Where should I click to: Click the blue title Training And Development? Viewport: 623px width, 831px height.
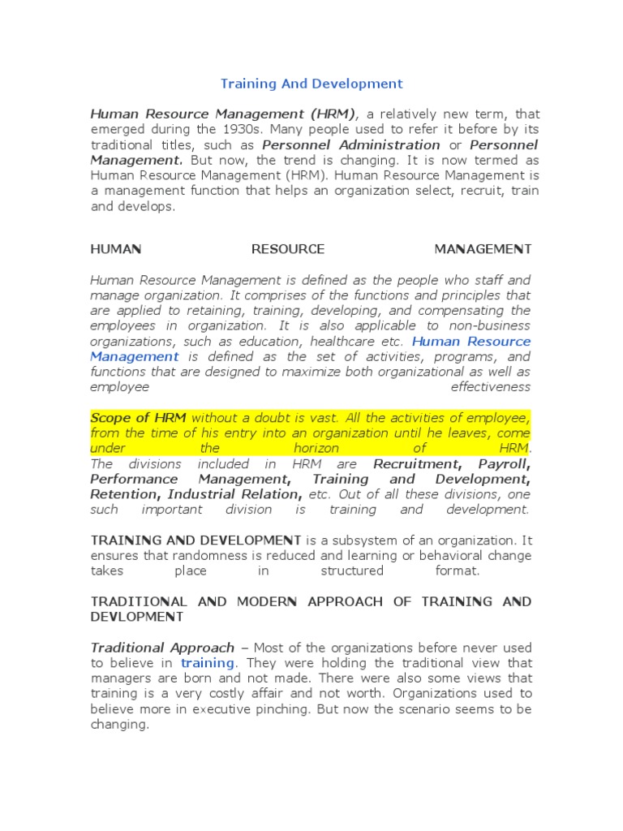312,84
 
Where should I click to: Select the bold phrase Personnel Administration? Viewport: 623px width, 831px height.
351,145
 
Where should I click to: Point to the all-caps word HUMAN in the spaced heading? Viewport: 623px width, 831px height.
115,249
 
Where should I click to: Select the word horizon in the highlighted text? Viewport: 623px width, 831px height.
316,449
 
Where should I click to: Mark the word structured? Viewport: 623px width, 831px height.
351,571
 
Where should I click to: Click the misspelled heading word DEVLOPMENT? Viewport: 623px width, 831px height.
137,617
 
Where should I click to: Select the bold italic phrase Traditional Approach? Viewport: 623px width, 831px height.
162,648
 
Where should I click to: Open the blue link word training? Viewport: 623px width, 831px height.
207,663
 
